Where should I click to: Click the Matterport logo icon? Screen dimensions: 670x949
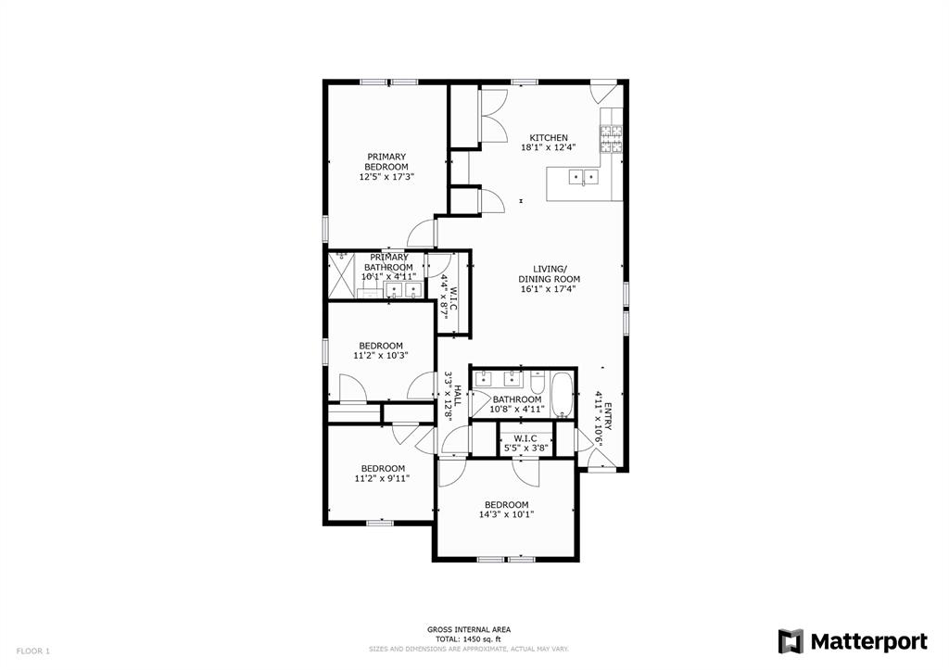click(791, 641)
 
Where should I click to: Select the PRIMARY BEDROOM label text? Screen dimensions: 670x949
click(386, 161)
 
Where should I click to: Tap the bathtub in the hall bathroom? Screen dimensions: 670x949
click(563, 393)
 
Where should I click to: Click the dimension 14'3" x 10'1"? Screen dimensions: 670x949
click(506, 514)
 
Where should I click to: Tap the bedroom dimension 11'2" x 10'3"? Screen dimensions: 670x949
click(380, 355)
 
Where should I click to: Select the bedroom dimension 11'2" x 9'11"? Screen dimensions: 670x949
click(381, 478)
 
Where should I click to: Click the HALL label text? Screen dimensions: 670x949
click(456, 397)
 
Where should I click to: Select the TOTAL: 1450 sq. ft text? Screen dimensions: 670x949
click(468, 639)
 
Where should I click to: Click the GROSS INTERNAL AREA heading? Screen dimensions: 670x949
click(468, 629)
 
